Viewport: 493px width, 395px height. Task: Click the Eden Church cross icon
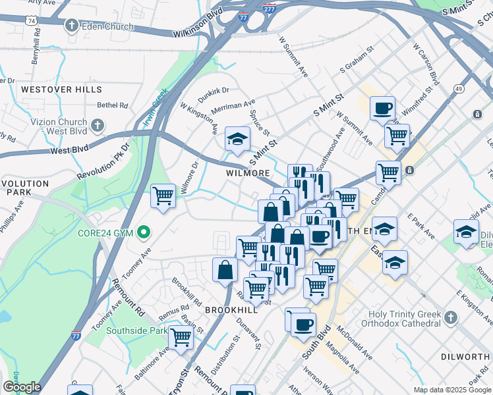(x=71, y=26)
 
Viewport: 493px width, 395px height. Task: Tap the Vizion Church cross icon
(x=97, y=125)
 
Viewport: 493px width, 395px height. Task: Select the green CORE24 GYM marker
(x=142, y=233)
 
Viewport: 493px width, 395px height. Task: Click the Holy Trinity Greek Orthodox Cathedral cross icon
(x=450, y=319)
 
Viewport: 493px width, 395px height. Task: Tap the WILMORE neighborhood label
(x=248, y=173)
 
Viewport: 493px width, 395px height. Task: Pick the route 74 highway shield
(x=32, y=21)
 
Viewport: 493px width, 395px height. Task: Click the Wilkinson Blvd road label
(x=198, y=32)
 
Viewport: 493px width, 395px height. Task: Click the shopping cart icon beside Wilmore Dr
(x=163, y=195)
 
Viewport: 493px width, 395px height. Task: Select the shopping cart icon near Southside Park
(x=180, y=337)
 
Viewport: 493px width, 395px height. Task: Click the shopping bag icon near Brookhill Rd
(x=225, y=269)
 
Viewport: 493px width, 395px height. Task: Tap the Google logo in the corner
(x=21, y=387)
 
